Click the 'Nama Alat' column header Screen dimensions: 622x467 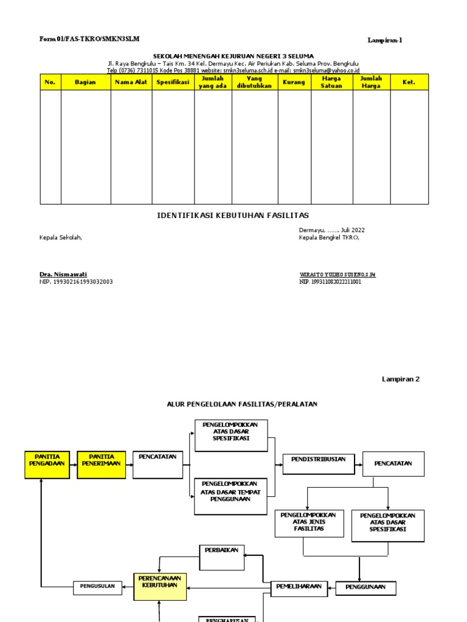[x=131, y=82]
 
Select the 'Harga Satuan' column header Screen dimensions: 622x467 [x=331, y=82]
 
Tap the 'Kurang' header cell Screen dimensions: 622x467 [x=294, y=82]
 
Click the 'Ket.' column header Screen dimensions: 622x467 [x=409, y=82]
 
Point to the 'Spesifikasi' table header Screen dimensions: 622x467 [x=173, y=82]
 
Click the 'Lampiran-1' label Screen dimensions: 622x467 [x=385, y=41]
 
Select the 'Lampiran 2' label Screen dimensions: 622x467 [x=401, y=379]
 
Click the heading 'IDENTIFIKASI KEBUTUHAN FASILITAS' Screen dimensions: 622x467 [x=233, y=216]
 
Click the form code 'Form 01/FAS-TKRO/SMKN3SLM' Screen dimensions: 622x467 [x=89, y=39]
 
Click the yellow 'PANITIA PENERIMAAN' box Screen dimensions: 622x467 [x=102, y=465]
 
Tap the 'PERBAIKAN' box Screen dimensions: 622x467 [x=222, y=557]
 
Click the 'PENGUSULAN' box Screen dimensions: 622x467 [x=98, y=587]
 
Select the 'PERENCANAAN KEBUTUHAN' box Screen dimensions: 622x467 [x=159, y=586]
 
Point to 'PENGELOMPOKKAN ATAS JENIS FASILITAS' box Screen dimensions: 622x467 [x=309, y=523]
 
